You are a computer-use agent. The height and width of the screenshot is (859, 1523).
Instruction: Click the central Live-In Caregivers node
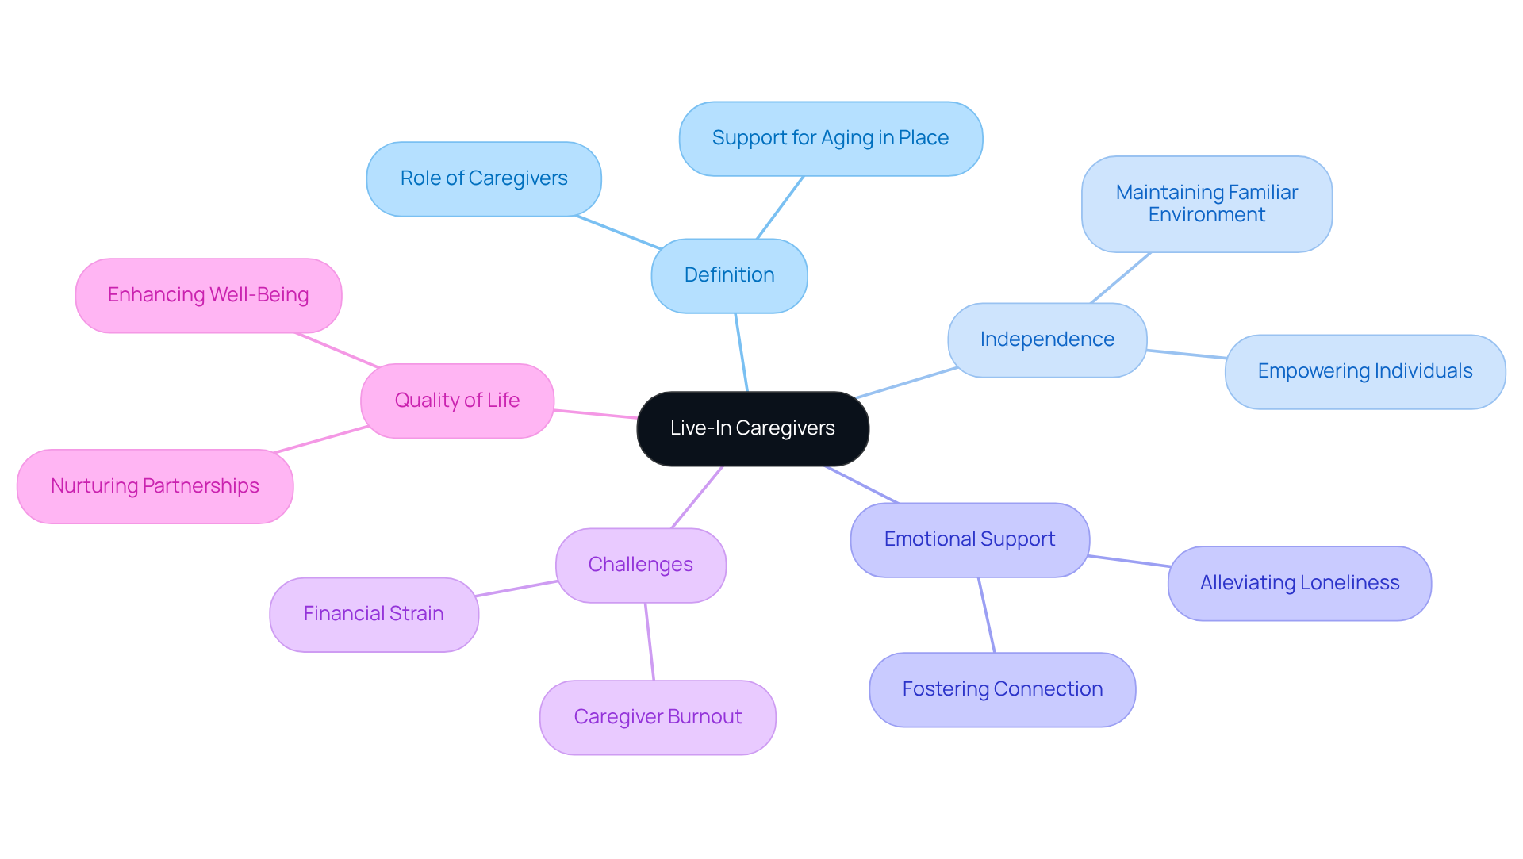(752, 428)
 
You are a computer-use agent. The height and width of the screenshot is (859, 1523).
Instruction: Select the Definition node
(729, 275)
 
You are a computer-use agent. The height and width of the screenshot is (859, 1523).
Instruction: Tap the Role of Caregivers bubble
(483, 178)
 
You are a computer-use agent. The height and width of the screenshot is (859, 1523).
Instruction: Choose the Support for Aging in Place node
(830, 138)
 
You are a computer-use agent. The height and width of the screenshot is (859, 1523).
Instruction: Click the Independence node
(1046, 339)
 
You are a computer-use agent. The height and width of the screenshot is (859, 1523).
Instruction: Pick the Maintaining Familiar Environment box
(1206, 204)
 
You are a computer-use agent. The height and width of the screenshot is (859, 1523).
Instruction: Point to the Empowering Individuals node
(1364, 371)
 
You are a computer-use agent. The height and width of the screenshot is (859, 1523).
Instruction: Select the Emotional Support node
(969, 539)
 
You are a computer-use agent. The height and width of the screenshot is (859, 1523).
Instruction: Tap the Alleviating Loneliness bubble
(1299, 583)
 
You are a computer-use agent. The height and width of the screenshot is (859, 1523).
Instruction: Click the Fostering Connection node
(1002, 689)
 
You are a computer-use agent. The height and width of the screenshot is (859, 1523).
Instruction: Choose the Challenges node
(640, 565)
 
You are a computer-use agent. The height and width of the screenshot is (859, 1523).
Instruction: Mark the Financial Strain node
(373, 614)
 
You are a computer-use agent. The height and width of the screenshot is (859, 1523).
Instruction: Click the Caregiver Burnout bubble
(657, 717)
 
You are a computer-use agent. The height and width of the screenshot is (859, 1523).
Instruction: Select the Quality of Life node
(457, 401)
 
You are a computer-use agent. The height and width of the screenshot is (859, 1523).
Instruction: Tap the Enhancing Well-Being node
(208, 295)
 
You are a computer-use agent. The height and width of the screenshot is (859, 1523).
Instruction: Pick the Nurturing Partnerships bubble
(155, 486)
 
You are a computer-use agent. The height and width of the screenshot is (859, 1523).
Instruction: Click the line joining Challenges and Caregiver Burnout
(649, 641)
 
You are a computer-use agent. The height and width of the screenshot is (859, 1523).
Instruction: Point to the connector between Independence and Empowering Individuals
(1186, 354)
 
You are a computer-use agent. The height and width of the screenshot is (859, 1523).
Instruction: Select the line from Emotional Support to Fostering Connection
(986, 615)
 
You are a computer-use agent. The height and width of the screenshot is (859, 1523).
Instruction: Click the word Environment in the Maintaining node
(1206, 215)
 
